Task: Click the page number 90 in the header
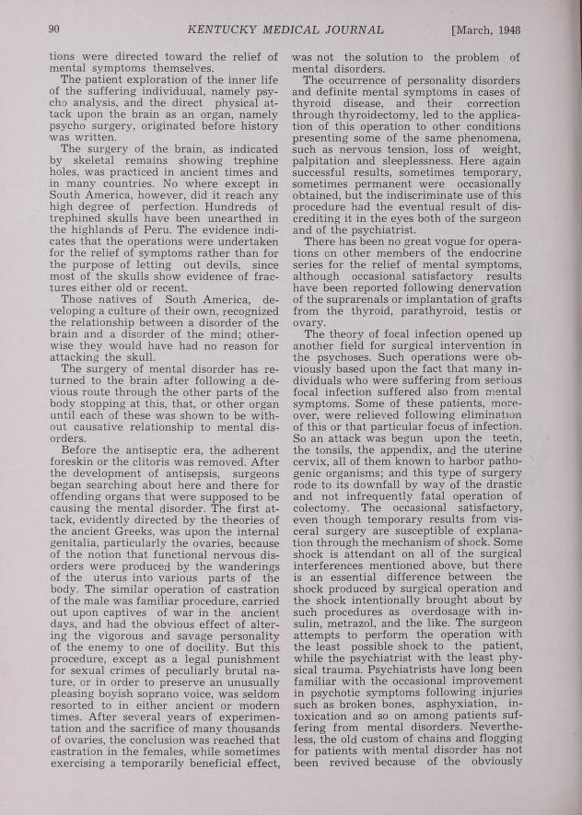pyautogui.click(x=54, y=30)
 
